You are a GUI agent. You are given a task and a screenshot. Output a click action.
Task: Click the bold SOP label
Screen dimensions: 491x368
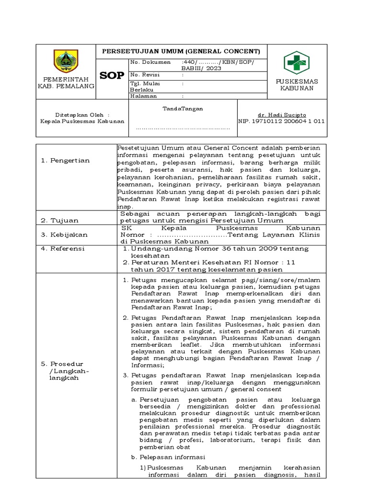[112, 75]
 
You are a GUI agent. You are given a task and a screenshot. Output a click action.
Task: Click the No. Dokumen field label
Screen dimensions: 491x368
[151, 62]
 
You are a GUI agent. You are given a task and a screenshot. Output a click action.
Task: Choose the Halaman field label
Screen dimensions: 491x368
[144, 96]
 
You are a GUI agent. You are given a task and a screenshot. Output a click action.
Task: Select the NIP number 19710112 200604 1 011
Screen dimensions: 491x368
[281, 121]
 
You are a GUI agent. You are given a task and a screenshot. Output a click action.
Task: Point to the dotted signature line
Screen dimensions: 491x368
[183, 129]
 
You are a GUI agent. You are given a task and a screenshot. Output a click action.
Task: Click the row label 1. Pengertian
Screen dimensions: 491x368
[65, 160]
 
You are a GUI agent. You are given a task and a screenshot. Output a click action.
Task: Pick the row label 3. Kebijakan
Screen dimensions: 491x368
[64, 234]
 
